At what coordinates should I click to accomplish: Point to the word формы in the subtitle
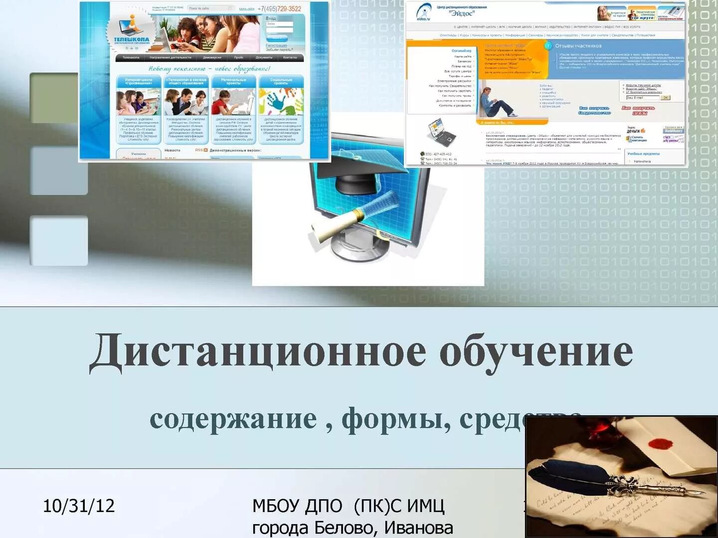point(396,419)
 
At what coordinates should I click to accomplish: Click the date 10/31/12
point(79,506)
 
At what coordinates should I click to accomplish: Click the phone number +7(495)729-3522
point(279,8)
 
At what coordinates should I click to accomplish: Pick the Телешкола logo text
point(131,39)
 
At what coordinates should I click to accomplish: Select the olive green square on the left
point(54,98)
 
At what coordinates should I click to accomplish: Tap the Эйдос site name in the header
point(462,13)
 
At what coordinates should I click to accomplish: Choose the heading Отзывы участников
point(578,46)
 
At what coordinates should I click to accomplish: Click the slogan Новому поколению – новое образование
point(209,68)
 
